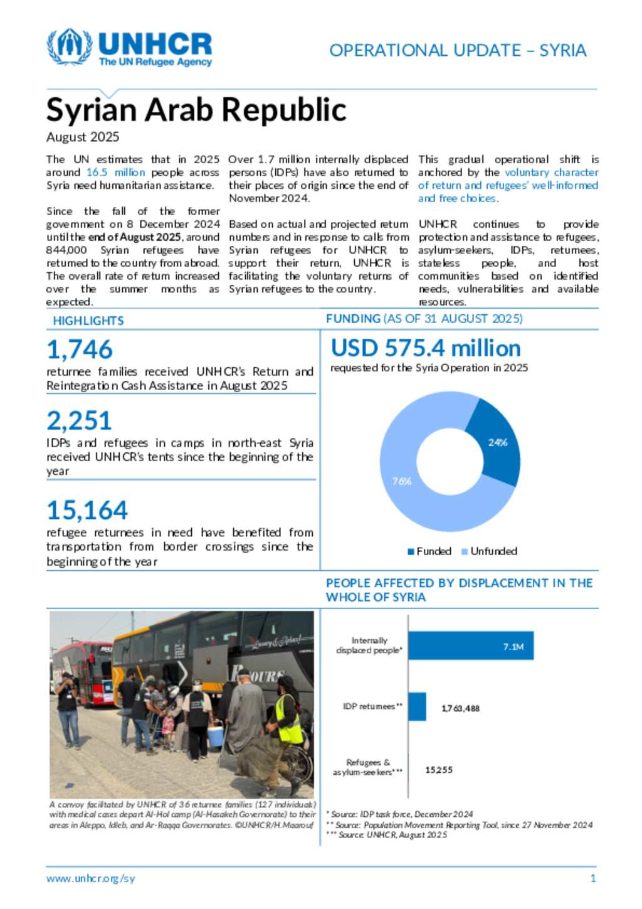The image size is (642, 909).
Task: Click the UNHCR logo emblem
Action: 70,47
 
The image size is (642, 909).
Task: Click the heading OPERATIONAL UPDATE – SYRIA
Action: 458,50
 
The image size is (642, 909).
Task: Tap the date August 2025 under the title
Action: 83,137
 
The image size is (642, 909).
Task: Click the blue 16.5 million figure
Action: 115,173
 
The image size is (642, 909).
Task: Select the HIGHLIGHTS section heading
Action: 88,321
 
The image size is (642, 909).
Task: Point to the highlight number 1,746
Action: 80,349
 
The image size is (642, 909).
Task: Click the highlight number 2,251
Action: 79,420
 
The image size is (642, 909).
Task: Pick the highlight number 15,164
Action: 87,510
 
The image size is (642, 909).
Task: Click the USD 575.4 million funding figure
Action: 426,348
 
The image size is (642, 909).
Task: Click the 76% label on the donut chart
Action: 402,481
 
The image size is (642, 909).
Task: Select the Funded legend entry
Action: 429,551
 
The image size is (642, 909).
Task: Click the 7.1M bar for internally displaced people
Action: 471,646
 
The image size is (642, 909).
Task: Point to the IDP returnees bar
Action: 417,706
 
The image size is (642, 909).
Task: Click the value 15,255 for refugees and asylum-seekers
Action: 439,770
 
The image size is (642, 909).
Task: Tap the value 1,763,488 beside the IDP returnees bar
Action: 460,708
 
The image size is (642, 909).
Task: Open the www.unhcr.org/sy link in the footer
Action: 90,878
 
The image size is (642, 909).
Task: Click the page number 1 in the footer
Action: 593,878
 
